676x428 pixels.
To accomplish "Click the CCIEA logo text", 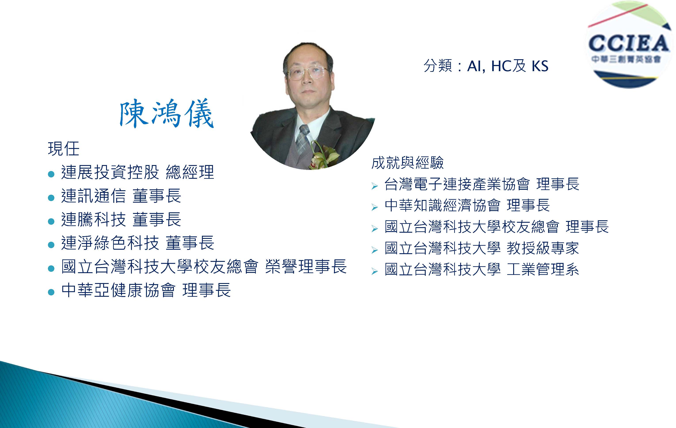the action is tap(628, 44).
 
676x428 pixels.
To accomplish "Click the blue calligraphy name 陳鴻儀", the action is tap(167, 113).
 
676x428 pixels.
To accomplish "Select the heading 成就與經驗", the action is tap(407, 163).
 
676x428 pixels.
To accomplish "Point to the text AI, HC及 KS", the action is tap(508, 66).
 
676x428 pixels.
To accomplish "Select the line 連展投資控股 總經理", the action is tap(138, 172).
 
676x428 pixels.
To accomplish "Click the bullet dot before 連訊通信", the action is tap(51, 198).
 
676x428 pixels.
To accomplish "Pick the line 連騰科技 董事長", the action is tap(121, 219).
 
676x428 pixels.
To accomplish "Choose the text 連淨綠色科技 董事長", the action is tap(138, 243).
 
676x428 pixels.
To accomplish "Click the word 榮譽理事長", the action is tap(306, 266).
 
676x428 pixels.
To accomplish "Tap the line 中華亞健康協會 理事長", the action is tap(146, 290).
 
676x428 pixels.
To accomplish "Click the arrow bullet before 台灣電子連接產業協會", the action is tap(374, 186).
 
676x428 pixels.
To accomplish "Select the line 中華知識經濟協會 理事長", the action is tap(467, 205).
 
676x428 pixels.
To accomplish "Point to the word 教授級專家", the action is tap(543, 248).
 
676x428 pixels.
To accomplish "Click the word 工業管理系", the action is tap(543, 269).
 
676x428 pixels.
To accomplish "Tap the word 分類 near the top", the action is tap(438, 66).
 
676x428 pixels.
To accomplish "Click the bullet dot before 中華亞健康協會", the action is tap(51, 292).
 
